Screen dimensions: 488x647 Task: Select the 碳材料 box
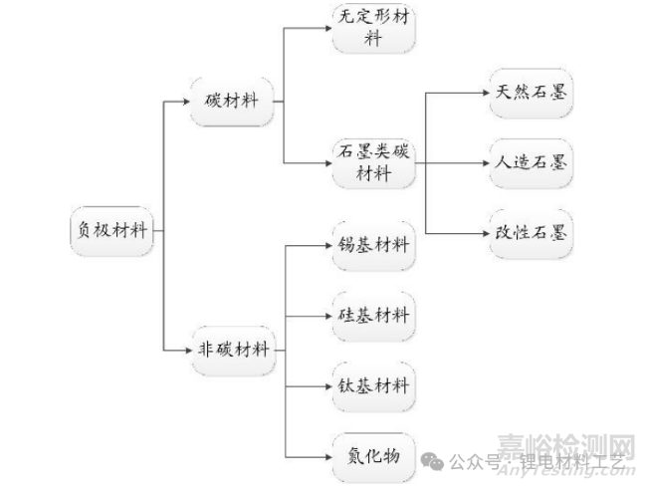(x=231, y=102)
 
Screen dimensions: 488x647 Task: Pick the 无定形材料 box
(x=373, y=28)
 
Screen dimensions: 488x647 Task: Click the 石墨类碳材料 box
(x=373, y=162)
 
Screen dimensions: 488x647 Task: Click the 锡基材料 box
(x=373, y=244)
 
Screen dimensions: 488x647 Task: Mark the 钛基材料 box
(x=373, y=385)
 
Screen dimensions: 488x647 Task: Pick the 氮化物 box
(x=373, y=455)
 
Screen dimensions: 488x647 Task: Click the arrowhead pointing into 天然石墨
(x=481, y=93)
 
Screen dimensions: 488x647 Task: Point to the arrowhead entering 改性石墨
(x=481, y=233)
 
